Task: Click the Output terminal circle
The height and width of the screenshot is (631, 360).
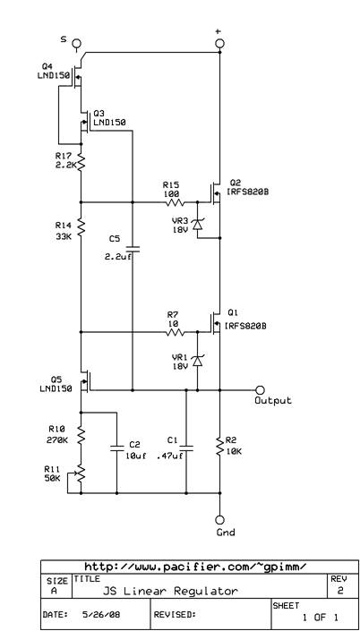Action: coord(261,390)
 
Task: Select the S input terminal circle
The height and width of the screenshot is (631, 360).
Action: coord(77,42)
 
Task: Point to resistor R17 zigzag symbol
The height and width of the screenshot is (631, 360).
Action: coord(81,161)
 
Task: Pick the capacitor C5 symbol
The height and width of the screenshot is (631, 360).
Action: coord(133,248)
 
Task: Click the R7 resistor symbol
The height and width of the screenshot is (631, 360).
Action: coord(173,332)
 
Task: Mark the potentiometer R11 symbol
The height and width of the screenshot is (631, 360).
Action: coord(81,473)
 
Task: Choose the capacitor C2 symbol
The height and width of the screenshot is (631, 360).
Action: coord(116,450)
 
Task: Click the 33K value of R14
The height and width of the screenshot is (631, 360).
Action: coord(63,237)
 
